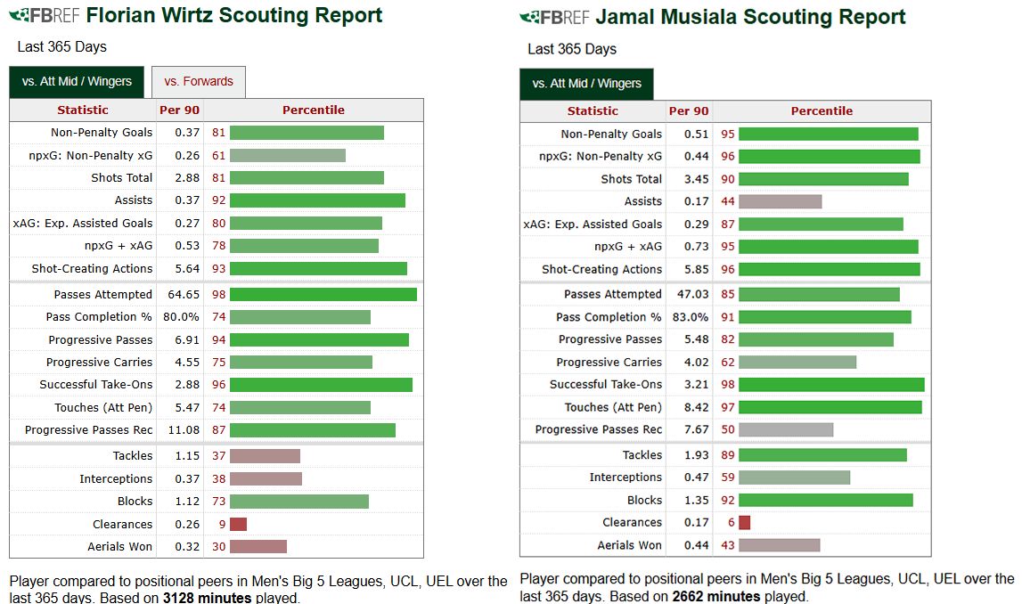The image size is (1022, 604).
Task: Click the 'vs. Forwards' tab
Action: (x=199, y=81)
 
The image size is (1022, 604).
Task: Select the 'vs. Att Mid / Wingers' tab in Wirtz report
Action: (x=77, y=81)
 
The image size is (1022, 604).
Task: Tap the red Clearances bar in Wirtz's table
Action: (x=238, y=524)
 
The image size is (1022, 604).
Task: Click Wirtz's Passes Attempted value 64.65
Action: (x=179, y=294)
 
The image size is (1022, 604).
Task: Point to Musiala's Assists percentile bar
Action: (x=780, y=201)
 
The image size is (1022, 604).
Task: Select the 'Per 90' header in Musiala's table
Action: (x=689, y=110)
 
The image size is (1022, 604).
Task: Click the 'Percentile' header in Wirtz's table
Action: (x=313, y=110)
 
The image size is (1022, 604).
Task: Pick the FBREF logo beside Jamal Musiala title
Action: (x=554, y=17)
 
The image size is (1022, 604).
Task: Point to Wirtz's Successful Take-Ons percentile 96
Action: (x=219, y=385)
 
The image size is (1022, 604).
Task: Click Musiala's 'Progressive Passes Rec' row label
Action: (x=598, y=429)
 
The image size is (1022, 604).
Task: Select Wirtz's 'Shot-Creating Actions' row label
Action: (x=92, y=268)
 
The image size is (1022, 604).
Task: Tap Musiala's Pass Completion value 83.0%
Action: (x=691, y=317)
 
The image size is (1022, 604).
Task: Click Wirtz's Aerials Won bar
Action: (x=258, y=546)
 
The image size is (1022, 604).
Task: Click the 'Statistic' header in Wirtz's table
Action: (x=82, y=110)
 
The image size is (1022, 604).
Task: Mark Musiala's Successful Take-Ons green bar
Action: (x=831, y=384)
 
